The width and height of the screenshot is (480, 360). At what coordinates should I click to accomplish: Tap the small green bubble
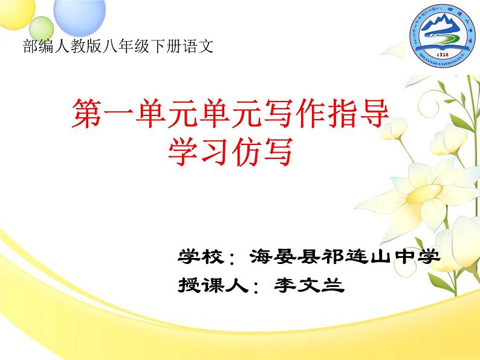[x=39, y=27]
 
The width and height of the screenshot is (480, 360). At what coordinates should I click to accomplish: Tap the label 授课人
[x=213, y=284]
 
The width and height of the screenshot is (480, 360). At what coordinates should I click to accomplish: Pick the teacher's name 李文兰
[x=308, y=284]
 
